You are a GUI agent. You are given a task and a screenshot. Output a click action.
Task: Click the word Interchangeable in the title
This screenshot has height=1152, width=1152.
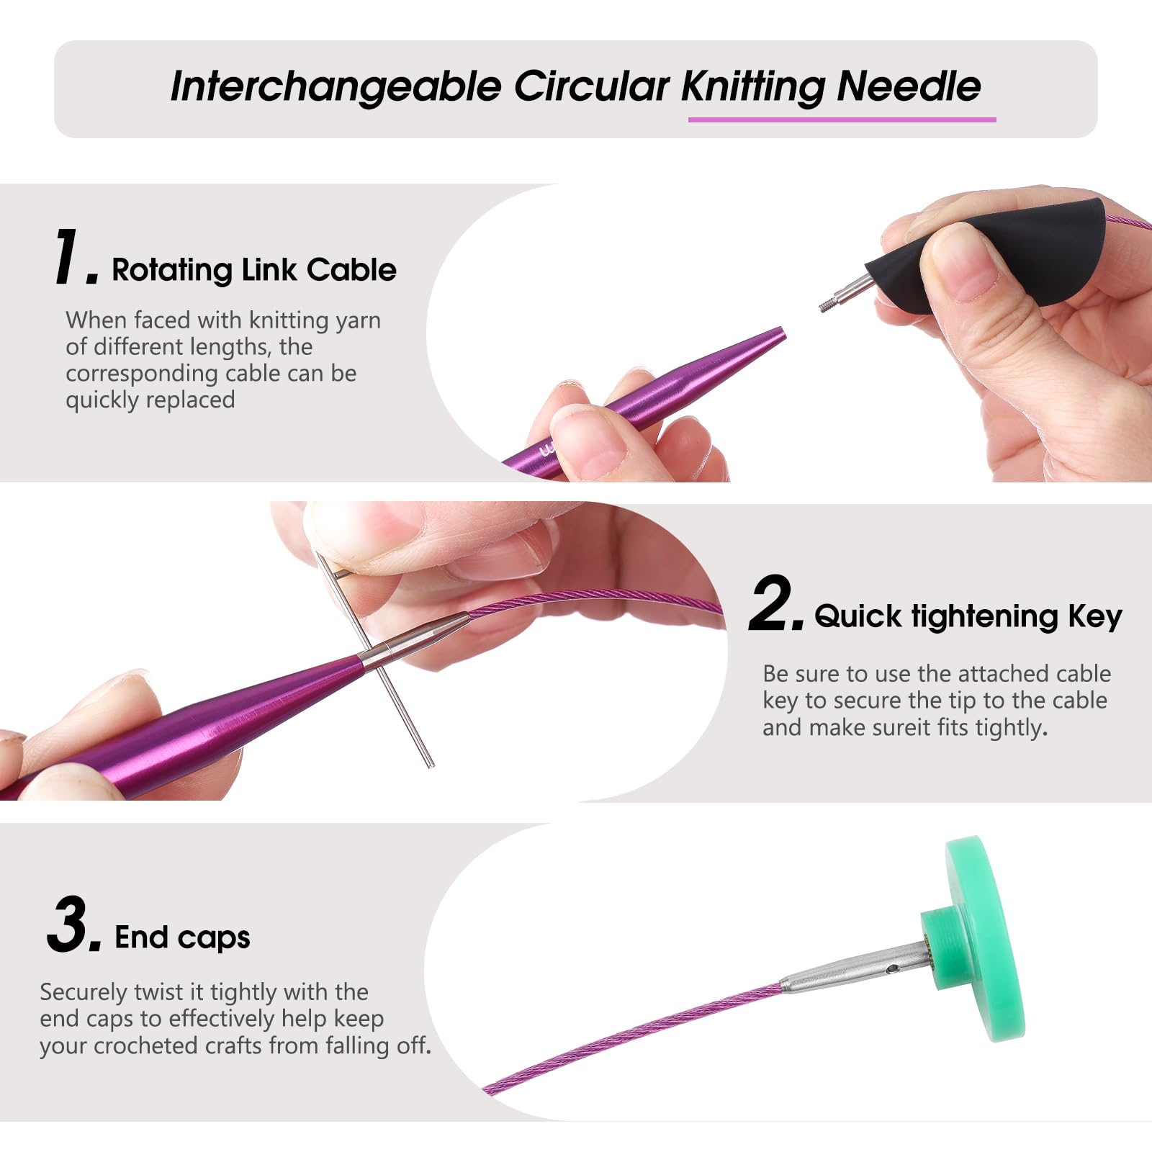click(336, 86)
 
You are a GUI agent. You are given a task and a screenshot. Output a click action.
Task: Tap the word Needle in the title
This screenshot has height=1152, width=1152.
click(909, 86)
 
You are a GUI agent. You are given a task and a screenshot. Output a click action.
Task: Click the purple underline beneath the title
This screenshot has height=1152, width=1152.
click(842, 120)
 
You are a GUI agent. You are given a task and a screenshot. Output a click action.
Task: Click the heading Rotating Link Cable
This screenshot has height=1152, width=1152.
click(254, 270)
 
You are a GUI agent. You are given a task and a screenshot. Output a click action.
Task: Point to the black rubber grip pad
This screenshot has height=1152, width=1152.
click(994, 256)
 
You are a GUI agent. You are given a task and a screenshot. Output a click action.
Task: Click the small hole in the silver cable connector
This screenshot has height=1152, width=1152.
click(894, 969)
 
